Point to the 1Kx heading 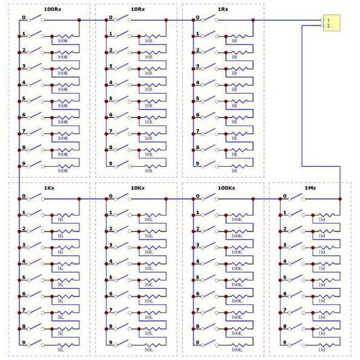pos(49,187)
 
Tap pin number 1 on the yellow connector pos(329,20)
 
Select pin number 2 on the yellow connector pos(329,26)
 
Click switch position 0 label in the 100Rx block pos(23,18)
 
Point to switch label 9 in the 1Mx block pos(284,343)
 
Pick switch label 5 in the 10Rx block pos(110,99)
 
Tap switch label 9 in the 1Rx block pos(197,164)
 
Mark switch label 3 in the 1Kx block pos(23,245)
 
